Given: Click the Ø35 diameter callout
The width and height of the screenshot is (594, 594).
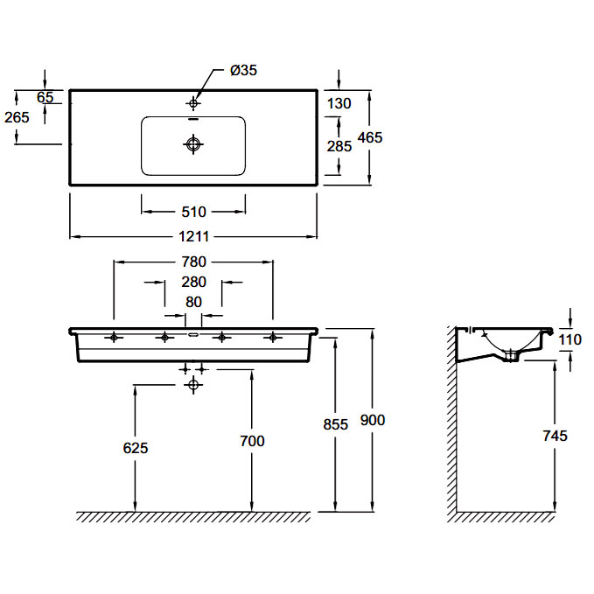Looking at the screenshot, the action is (x=243, y=70).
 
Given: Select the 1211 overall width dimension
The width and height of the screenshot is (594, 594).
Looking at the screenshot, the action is (x=193, y=237).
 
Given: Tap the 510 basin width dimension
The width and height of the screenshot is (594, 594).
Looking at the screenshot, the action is (x=193, y=212).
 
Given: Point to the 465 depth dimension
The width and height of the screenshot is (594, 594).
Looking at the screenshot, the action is (x=370, y=137).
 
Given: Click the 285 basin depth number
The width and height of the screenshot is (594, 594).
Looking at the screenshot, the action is (x=339, y=146).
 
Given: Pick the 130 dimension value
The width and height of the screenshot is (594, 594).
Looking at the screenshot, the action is (x=339, y=103).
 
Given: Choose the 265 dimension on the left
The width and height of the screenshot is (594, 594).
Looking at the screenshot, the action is (x=17, y=117).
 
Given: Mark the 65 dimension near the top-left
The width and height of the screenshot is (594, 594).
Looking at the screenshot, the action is (x=45, y=97).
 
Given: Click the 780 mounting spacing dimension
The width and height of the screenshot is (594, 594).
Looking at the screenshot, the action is (x=193, y=262).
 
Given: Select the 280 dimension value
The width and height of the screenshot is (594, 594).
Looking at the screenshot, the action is (x=193, y=282).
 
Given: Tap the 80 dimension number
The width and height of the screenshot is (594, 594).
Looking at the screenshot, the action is (x=193, y=302).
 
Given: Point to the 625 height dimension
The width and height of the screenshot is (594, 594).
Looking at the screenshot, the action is (x=136, y=448).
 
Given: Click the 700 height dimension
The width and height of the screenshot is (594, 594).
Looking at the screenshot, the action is (x=252, y=441).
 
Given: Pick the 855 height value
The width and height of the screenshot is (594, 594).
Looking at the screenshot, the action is (x=336, y=424).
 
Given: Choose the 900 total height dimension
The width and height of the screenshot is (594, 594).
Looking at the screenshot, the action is (x=373, y=420).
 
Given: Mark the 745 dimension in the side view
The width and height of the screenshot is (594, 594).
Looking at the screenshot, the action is (x=556, y=436).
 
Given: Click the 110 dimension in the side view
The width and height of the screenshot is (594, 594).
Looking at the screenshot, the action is (x=570, y=339).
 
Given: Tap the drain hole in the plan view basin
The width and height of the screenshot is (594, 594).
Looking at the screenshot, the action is (x=193, y=144).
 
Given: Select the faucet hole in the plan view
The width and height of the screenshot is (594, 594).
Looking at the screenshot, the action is (x=193, y=102).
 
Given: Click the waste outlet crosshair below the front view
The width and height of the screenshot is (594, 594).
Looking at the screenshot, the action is (x=193, y=385).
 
